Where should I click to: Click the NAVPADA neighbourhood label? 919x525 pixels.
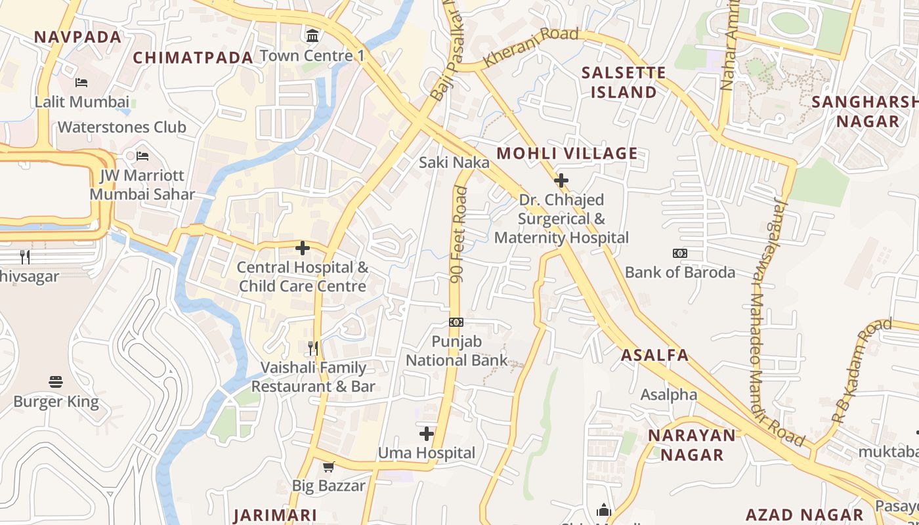point(77,37)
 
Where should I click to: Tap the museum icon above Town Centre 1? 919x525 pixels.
point(312,34)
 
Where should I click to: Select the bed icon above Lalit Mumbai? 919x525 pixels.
point(81,83)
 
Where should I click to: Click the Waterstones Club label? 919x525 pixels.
point(122,127)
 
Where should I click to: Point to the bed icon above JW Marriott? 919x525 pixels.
point(142,156)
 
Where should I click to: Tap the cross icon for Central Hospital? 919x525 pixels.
point(303,248)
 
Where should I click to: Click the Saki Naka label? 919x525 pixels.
point(454,162)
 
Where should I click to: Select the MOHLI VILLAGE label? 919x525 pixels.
point(567,154)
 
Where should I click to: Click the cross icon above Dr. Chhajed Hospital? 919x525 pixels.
point(561,180)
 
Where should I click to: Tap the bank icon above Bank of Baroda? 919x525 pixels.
point(680,253)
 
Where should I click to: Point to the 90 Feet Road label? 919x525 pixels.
point(459,235)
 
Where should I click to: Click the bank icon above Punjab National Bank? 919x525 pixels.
point(456,322)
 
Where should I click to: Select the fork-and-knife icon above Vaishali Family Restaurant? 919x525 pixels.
point(313,348)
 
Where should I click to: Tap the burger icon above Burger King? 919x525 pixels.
point(56,382)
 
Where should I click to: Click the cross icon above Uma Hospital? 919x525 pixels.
point(427,434)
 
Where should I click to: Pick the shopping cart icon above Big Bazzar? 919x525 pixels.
point(328,467)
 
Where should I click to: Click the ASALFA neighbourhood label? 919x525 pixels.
point(655,356)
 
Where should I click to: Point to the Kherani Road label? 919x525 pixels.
point(531,47)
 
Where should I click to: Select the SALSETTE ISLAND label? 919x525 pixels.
point(624,82)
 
